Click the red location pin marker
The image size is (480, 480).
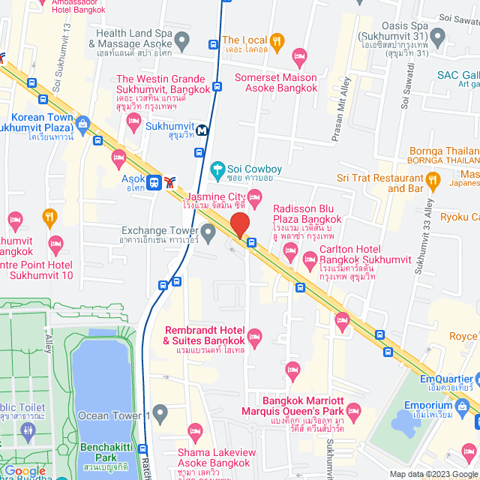click(x=239, y=224)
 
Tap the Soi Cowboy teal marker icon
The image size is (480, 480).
click(x=218, y=169)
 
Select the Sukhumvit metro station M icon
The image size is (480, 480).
click(x=202, y=130)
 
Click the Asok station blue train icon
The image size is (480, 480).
click(x=154, y=181)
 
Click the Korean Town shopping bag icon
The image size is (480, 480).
click(x=82, y=121)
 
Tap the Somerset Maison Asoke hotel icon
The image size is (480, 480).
click(x=299, y=55)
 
